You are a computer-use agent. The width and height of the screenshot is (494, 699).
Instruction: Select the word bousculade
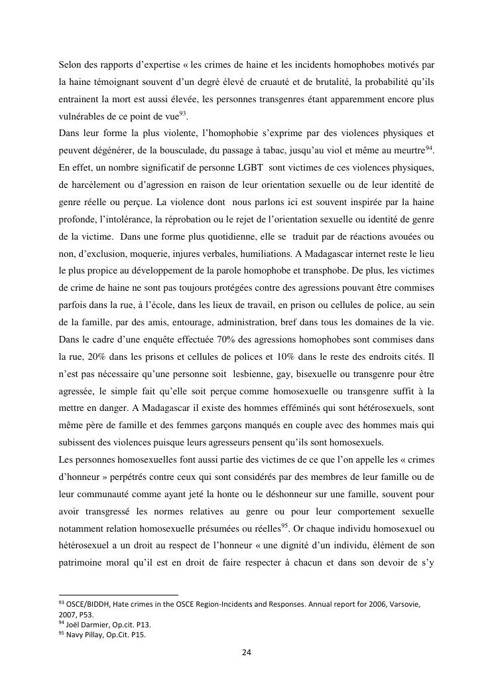point(203,150)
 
